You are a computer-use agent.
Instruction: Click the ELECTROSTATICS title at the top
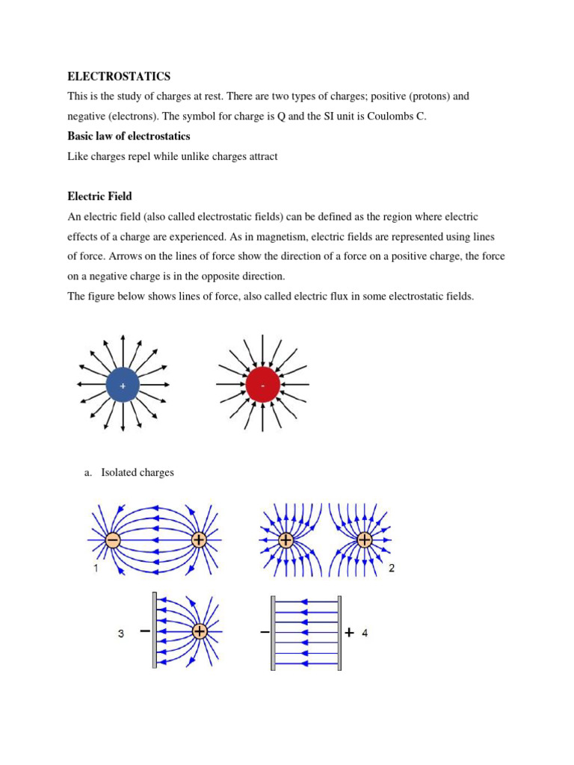119,76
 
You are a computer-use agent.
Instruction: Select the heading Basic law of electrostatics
129,136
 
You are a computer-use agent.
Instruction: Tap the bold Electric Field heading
99,196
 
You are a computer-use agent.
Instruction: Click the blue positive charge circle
123,385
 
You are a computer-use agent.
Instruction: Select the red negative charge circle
262,385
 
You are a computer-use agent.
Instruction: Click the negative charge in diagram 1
112,539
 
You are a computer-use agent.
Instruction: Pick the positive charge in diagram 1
199,539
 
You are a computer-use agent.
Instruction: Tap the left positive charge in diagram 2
286,539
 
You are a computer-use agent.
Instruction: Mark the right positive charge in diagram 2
365,539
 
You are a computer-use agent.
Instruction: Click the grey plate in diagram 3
155,631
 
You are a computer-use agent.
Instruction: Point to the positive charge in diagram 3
200,631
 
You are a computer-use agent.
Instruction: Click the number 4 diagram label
365,633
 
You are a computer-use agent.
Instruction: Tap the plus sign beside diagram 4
350,632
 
